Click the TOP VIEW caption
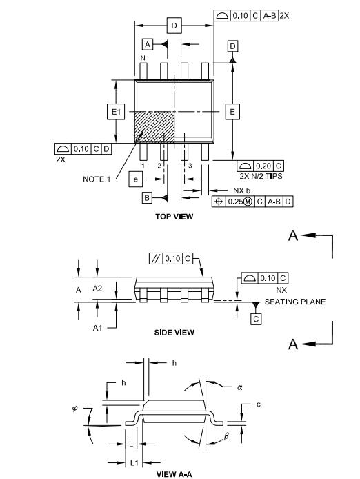(x=174, y=216)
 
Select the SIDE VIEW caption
(x=174, y=332)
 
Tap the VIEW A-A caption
(x=175, y=474)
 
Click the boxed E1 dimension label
(x=116, y=111)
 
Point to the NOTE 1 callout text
(x=99, y=178)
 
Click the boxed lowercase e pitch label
(x=136, y=179)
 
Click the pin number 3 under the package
(x=190, y=166)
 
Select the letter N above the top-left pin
(x=143, y=58)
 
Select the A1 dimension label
(x=98, y=329)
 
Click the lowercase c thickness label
(x=257, y=404)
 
